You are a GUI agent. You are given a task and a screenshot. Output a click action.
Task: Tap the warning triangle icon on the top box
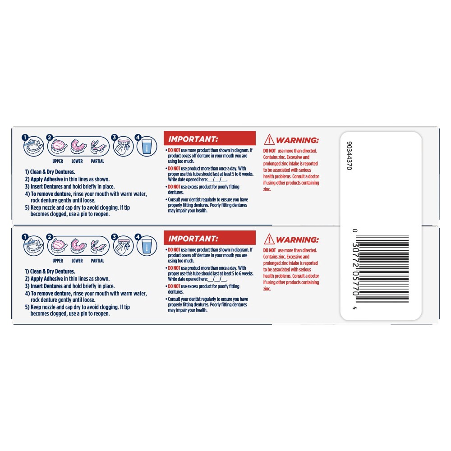[269, 140]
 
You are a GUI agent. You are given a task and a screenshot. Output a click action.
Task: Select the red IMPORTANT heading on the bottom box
[193, 238]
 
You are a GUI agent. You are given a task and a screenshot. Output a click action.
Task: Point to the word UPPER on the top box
[58, 161]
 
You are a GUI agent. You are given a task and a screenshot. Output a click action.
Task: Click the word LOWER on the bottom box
[77, 261]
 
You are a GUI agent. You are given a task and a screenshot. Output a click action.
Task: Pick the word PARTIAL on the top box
[97, 161]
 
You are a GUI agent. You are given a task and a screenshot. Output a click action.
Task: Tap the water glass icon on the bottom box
[146, 247]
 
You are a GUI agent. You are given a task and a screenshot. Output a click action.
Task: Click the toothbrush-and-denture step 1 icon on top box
[34, 147]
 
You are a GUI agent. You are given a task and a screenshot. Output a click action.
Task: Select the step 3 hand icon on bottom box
[124, 246]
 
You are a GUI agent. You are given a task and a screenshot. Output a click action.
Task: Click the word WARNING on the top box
[298, 140]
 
